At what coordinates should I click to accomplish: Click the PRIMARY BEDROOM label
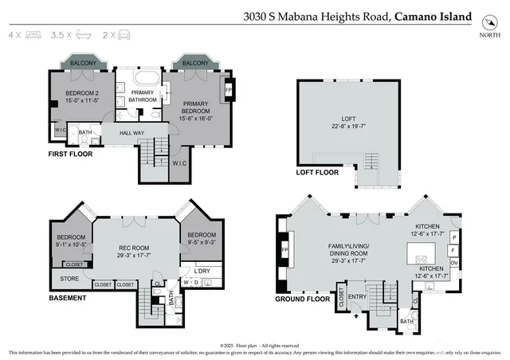pyautogui.click(x=195, y=108)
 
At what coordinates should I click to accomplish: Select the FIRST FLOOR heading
pyautogui.click(x=70, y=154)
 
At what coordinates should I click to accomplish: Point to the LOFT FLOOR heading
pyautogui.click(x=316, y=172)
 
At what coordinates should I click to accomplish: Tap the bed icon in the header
pyautogui.click(x=33, y=36)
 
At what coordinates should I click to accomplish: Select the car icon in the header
pyautogui.click(x=123, y=36)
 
